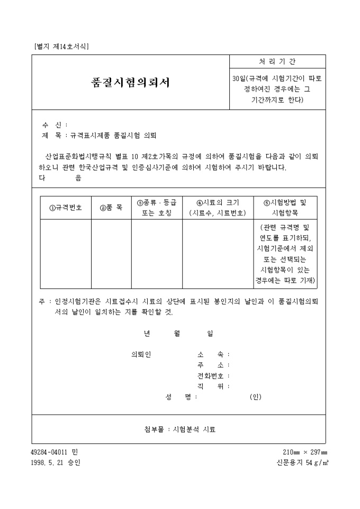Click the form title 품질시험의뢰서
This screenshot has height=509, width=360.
coord(131,83)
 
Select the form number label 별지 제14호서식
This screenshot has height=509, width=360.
coord(61,46)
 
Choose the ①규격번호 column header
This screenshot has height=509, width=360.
coord(66,208)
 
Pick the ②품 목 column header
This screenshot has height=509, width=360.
coord(111,208)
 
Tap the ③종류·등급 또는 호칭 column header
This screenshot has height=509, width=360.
coord(157,208)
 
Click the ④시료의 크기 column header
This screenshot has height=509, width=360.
coord(217,208)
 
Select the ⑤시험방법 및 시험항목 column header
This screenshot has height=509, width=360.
coord(285,208)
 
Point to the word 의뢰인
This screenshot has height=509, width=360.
coord(141,355)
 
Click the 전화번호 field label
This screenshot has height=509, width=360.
coord(210,376)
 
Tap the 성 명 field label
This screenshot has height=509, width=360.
coord(178,397)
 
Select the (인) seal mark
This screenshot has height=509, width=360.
coord(255,397)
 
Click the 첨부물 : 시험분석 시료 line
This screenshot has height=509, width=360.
coord(180,430)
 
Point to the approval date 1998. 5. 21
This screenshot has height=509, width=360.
coord(48,463)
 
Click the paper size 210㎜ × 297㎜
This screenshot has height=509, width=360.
coord(304,452)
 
